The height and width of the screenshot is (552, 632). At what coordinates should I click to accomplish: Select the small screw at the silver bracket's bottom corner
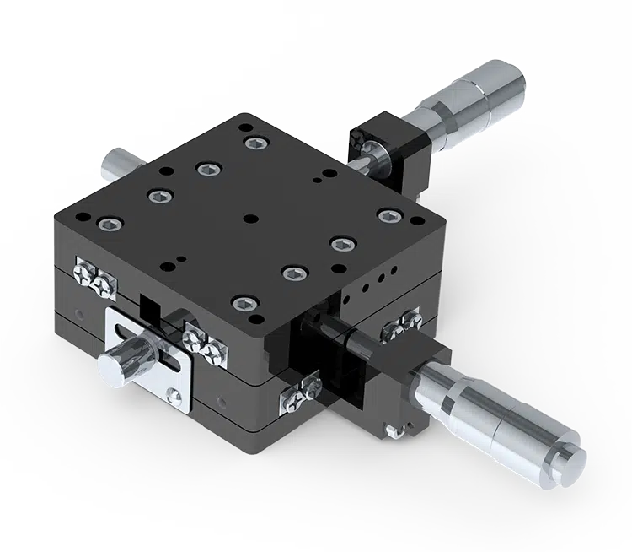(x=174, y=393)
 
